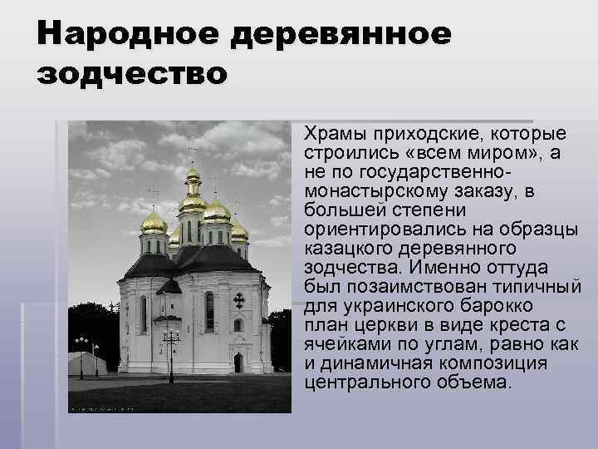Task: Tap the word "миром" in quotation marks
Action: tap(488, 153)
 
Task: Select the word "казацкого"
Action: tap(349, 248)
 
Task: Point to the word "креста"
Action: tap(522, 324)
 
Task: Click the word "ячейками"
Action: tap(341, 343)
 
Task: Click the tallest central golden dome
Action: tap(193, 177)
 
